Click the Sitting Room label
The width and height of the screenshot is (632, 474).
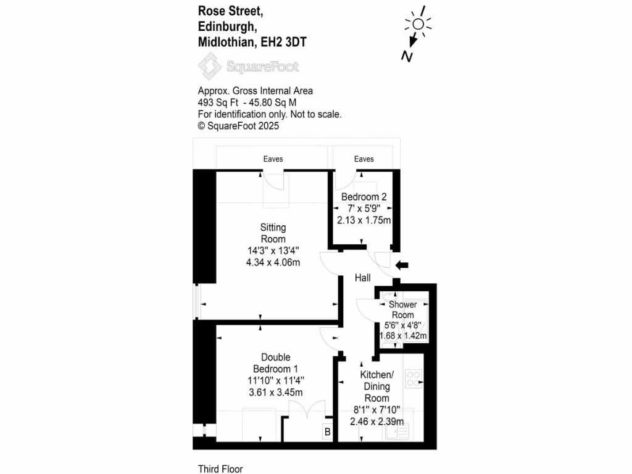coord(273,233)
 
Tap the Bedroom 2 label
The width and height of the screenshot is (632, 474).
coord(364,197)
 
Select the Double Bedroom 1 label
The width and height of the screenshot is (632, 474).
coord(275,363)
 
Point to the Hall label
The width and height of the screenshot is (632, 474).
coord(362,278)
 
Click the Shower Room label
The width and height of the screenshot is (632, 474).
coord(403,309)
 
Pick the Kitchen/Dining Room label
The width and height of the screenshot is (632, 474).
coord(376,386)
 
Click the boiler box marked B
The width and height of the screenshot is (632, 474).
coord(327,432)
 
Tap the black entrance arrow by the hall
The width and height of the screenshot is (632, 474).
coord(402,265)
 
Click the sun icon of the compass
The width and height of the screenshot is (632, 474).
coord(418,24)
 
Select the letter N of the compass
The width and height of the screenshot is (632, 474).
coord(407,56)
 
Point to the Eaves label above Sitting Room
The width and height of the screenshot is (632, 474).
coord(273,159)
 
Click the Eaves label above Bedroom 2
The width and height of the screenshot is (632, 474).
coord(364,159)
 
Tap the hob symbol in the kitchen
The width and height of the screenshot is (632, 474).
coord(412,377)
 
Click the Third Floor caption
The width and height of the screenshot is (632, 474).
coord(220,469)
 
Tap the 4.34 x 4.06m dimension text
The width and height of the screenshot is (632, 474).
coord(273,263)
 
